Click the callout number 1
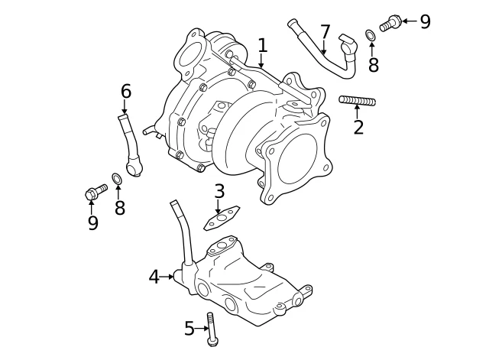[263, 46]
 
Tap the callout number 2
[358, 127]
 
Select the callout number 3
[219, 191]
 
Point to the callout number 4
[154, 277]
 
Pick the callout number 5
[189, 328]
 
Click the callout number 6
[126, 92]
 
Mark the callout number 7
[325, 31]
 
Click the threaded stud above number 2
[358, 101]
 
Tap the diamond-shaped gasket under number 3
[222, 218]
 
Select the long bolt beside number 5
[212, 329]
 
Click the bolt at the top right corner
[390, 23]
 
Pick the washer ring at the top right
[370, 35]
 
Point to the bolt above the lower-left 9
[96, 192]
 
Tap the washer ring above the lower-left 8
[117, 178]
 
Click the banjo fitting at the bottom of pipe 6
[134, 167]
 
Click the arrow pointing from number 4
[167, 277]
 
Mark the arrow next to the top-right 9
[410, 21]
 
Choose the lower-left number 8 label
[120, 208]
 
